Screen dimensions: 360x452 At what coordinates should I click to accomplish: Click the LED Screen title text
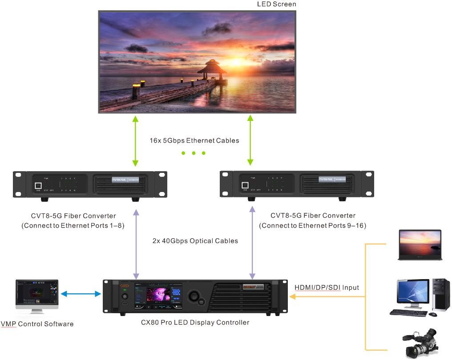(x=276, y=4)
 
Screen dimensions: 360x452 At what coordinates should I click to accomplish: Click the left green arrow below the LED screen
(x=135, y=140)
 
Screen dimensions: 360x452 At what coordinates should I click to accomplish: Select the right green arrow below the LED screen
(x=250, y=140)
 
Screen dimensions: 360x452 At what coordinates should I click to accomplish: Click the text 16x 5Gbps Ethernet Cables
(x=194, y=141)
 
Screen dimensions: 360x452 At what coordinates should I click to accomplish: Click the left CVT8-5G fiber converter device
(x=90, y=184)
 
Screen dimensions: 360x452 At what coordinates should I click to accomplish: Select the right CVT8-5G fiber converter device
(x=297, y=184)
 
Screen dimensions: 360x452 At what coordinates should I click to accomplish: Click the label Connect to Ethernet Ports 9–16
(x=313, y=226)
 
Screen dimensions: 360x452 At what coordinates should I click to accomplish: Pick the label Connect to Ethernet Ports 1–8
(x=73, y=226)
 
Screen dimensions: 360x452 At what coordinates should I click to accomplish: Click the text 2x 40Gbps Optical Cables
(x=195, y=241)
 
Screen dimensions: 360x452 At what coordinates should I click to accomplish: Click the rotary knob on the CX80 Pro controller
(x=195, y=296)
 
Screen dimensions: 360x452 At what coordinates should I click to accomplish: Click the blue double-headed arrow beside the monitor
(x=81, y=294)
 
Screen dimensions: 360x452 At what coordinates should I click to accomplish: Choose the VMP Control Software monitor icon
(x=36, y=296)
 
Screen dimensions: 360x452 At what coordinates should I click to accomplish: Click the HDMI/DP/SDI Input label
(x=327, y=288)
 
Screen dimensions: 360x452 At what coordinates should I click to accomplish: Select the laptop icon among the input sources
(x=420, y=245)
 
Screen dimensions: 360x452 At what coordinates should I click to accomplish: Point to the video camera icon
(x=420, y=343)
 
